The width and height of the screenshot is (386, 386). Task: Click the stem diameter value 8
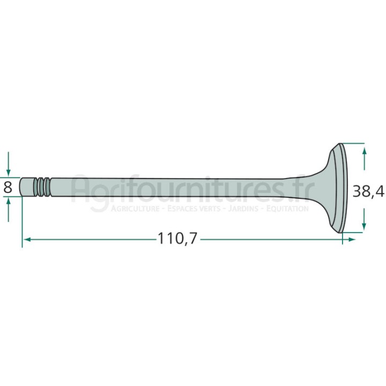(x=8, y=188)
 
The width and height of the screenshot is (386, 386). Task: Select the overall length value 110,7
(x=177, y=238)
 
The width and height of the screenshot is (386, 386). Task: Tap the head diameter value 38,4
(x=368, y=191)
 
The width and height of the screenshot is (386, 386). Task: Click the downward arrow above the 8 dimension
(x=9, y=164)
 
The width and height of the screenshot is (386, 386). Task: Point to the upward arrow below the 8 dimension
(x=9, y=210)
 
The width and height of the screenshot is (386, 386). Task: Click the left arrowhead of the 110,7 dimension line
(x=27, y=239)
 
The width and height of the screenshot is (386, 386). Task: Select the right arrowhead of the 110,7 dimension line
(x=352, y=239)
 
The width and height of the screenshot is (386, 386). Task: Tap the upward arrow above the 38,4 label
(x=365, y=158)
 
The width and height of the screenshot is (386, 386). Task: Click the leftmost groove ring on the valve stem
(x=36, y=187)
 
